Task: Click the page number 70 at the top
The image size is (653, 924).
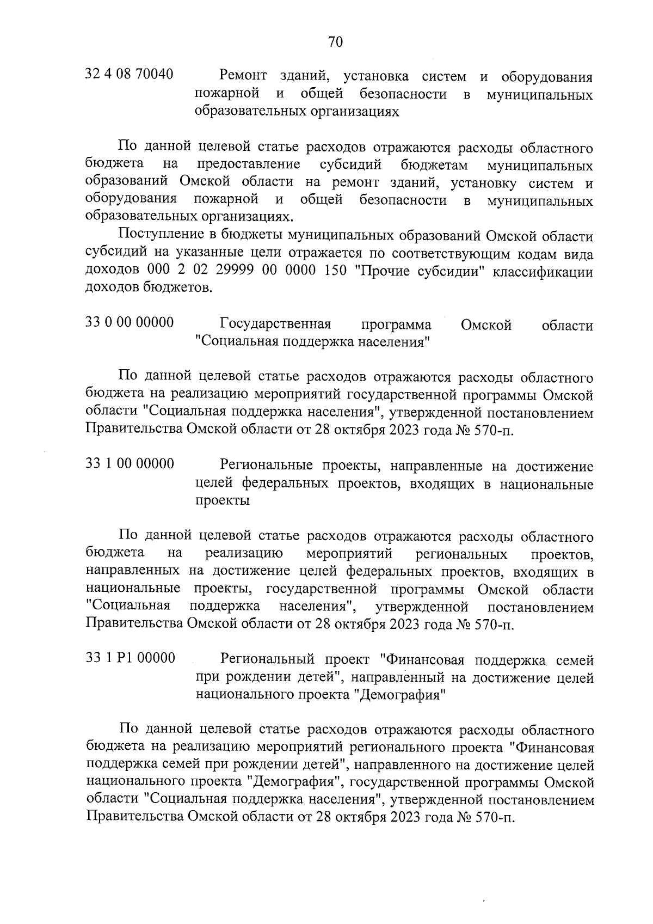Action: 335,42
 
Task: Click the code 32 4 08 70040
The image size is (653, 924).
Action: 130,74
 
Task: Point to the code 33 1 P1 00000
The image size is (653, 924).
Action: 130,658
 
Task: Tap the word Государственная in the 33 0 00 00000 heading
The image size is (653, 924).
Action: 276,325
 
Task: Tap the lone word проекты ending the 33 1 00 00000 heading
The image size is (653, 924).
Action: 222,501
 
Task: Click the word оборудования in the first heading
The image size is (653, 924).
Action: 547,76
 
